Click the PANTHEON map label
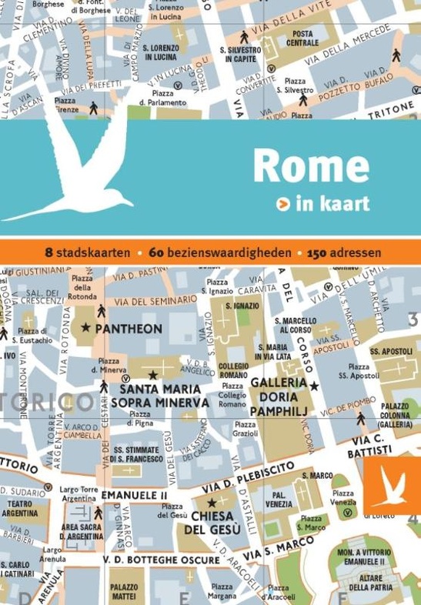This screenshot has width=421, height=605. [x=128, y=329]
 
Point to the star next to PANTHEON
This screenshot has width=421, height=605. [x=85, y=328]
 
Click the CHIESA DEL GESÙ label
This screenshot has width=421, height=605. [x=216, y=523]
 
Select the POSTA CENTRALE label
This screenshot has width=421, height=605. [x=302, y=38]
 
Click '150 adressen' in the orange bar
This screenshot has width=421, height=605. [x=344, y=252]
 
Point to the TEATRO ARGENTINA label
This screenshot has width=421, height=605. [x=21, y=508]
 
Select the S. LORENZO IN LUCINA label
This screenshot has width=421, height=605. [x=160, y=52]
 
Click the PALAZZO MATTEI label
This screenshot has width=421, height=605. [x=124, y=591]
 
